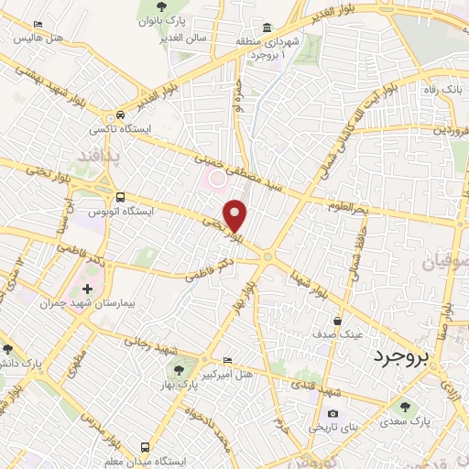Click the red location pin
coord(236,216)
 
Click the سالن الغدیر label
coord(191,38)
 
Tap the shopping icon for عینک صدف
coord(339,321)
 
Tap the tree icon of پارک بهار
coord(180,370)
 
